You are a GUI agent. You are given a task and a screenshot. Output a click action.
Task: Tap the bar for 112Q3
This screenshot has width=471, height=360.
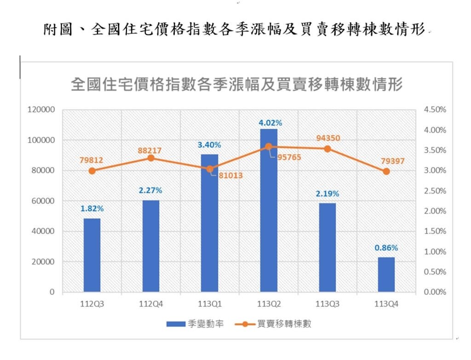pyautogui.click(x=92, y=255)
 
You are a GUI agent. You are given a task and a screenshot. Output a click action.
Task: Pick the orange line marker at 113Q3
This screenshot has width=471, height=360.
pyautogui.click(x=327, y=149)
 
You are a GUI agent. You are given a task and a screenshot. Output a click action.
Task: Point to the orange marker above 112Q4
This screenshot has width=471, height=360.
pyautogui.click(x=151, y=158)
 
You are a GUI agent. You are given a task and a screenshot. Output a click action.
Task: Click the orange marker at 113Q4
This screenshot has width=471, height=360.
pyautogui.click(x=386, y=171)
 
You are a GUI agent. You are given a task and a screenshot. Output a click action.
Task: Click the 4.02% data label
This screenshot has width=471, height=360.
pyautogui.click(x=270, y=122)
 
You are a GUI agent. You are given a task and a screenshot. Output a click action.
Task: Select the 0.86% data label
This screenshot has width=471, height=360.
pyautogui.click(x=386, y=248)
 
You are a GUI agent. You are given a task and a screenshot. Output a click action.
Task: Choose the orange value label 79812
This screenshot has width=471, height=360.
pyautogui.click(x=91, y=161)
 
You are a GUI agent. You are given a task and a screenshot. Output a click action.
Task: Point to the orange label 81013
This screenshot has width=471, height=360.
pyautogui.click(x=230, y=175)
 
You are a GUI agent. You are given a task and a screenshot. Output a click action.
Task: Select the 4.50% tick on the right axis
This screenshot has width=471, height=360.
pyautogui.click(x=435, y=110)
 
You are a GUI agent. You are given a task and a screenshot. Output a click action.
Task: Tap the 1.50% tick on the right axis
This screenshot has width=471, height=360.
pyautogui.click(x=435, y=231)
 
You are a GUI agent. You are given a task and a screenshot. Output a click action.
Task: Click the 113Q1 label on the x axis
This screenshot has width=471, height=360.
pyautogui.click(x=210, y=304)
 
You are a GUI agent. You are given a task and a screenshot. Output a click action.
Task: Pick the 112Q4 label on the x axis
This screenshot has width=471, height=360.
pyautogui.click(x=151, y=304)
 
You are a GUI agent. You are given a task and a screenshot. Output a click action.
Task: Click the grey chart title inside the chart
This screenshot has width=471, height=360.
pyautogui.click(x=237, y=85)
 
